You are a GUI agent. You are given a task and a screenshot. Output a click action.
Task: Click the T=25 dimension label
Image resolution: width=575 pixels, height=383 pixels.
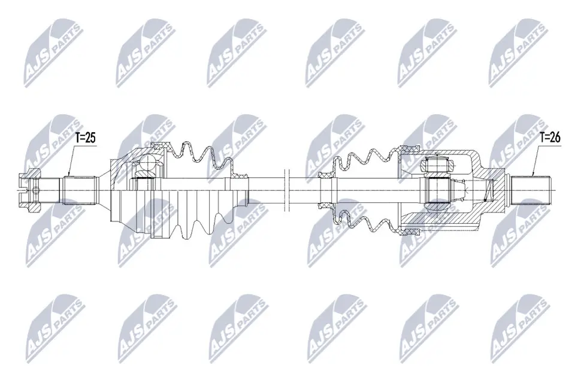(84, 138)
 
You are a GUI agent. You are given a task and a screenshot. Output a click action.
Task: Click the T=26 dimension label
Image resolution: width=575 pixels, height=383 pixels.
(549, 137)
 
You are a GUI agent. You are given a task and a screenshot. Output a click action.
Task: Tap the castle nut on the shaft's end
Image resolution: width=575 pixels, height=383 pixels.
(29, 190)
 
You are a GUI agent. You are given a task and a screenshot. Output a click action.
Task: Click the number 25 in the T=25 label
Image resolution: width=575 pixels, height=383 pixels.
(90, 138)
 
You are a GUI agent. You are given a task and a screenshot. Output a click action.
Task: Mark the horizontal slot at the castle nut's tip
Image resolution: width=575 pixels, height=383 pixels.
(20, 190)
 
